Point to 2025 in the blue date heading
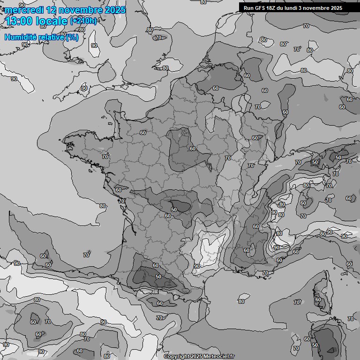(115, 10)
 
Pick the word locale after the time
(53, 21)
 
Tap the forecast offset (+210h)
(83, 21)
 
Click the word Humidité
(20, 37)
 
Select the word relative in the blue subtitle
(52, 37)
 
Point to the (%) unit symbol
(72, 37)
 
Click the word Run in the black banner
(248, 8)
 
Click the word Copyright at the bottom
(177, 356)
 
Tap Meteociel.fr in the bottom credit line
(218, 356)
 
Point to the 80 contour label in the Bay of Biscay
(102, 206)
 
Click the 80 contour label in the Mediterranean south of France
(241, 301)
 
